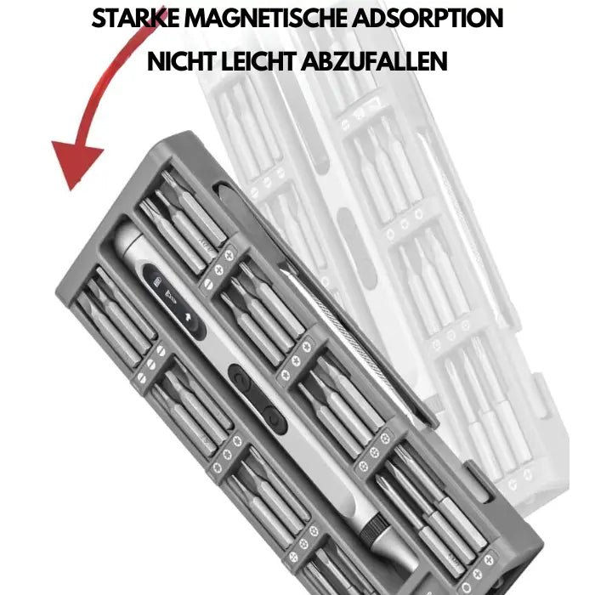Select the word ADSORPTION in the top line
[428, 18]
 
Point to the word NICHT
[181, 61]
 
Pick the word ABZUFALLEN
[375, 61]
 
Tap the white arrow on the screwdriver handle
[188, 317]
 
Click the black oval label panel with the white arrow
[173, 301]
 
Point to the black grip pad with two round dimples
[258, 399]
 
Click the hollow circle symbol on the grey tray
[467, 586]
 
